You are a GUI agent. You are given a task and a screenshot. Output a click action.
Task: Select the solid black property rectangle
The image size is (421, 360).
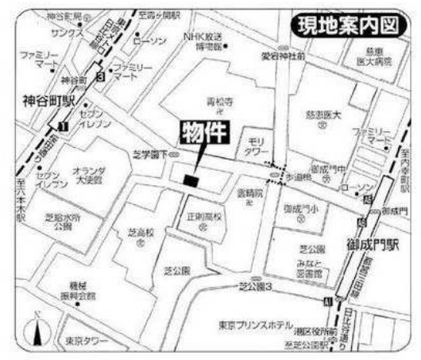[190, 180]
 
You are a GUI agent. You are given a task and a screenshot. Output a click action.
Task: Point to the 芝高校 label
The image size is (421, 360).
[141, 234]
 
